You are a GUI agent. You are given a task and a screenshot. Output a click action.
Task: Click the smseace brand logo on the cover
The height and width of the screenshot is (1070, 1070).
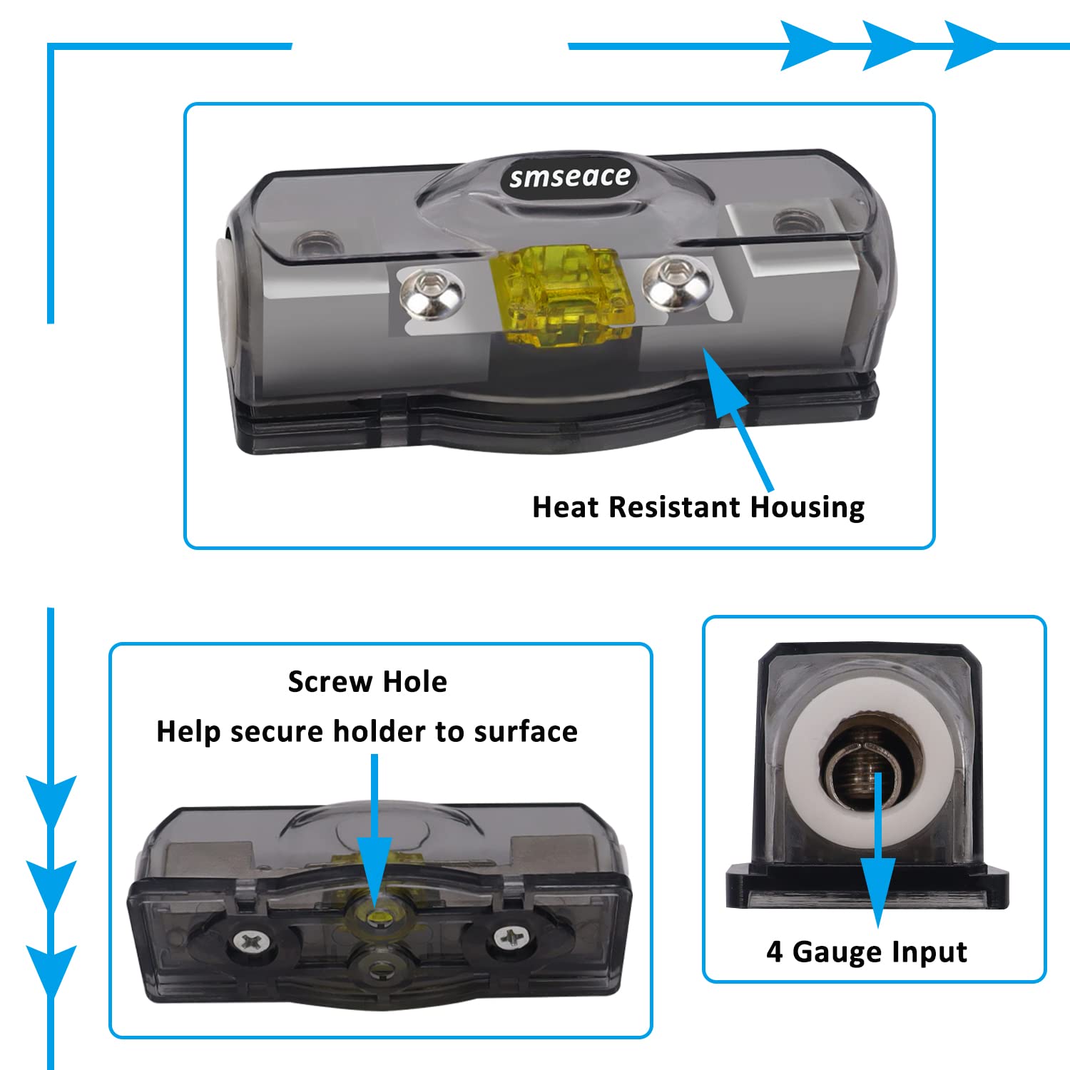(x=569, y=176)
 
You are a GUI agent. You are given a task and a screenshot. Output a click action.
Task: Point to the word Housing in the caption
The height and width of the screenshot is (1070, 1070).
(x=807, y=507)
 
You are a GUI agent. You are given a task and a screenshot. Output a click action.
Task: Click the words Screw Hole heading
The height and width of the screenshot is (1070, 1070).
(x=367, y=682)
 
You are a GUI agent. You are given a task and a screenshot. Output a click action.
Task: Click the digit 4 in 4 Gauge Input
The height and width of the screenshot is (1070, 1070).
(x=774, y=952)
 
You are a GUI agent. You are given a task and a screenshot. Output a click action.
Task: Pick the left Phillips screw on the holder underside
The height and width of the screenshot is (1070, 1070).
(x=251, y=942)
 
